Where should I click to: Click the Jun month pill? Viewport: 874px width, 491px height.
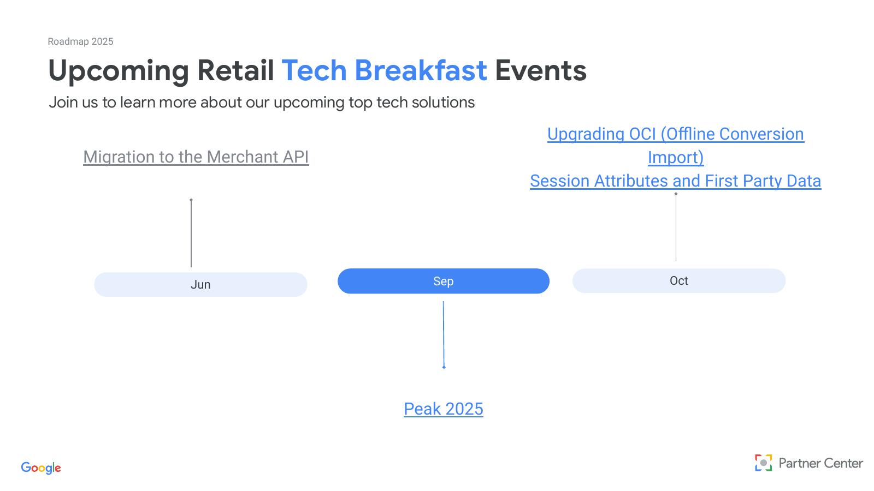[200, 284]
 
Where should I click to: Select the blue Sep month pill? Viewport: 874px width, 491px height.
[443, 281]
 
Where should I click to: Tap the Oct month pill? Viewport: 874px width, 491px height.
[679, 280]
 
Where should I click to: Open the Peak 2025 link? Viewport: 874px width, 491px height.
[443, 409]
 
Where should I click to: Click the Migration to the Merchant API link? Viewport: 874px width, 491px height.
[196, 157]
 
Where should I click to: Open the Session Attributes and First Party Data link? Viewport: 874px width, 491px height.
[675, 181]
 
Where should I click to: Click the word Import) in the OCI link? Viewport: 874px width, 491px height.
[676, 158]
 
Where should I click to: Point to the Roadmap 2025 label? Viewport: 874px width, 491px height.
[80, 41]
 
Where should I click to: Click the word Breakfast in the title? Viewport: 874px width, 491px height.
[421, 70]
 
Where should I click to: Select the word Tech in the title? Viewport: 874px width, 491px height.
[314, 70]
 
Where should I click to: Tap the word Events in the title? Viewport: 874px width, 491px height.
[541, 70]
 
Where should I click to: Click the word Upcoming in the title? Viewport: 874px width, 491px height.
[119, 71]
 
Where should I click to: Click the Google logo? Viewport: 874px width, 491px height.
[41, 468]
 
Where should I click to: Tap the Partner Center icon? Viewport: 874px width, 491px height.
[763, 463]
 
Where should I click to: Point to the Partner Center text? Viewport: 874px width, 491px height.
[820, 463]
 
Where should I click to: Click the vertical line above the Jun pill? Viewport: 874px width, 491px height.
[191, 233]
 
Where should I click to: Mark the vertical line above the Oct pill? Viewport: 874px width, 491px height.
[676, 227]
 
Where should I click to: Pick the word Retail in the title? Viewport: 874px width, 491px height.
[235, 70]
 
